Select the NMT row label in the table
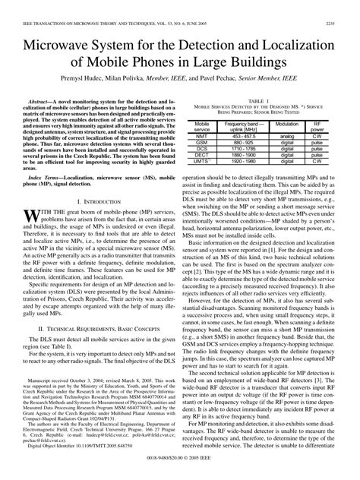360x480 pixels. tap(203, 136)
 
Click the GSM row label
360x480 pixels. tap(203, 141)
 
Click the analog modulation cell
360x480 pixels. tap(287, 136)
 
